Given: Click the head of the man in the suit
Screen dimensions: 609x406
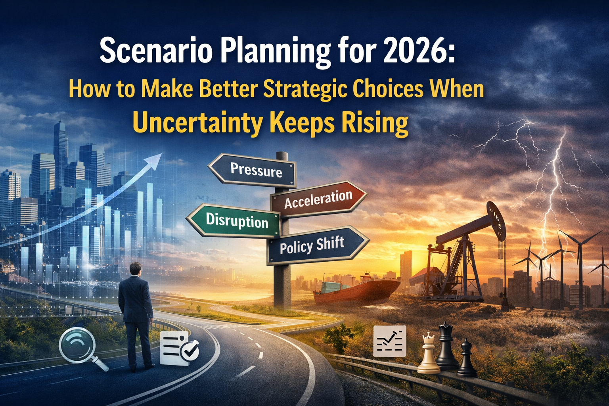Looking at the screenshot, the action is click(x=135, y=269).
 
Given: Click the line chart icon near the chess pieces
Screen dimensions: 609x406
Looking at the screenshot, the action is click(x=390, y=341).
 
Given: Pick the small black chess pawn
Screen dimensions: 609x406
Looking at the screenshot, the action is click(x=466, y=357).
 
